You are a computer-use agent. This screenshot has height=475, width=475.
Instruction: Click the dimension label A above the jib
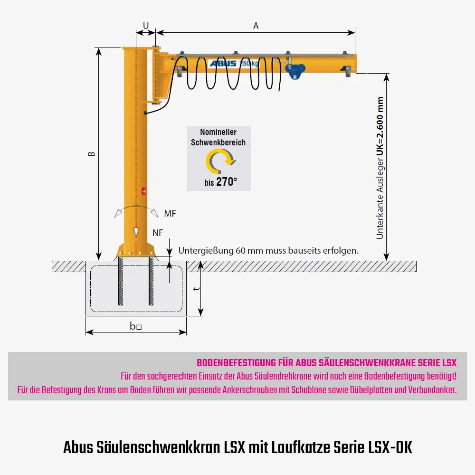(x=256, y=26)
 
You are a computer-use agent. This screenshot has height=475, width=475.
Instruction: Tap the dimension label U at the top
(x=146, y=25)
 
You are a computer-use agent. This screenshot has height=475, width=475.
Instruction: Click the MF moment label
(x=170, y=214)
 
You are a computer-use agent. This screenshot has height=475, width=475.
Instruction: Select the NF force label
(x=158, y=232)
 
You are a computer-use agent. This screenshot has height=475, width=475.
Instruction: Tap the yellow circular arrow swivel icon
(x=219, y=161)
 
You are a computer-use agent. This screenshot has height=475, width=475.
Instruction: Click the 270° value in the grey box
(x=226, y=181)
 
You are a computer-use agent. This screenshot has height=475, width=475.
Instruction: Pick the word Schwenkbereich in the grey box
(x=218, y=142)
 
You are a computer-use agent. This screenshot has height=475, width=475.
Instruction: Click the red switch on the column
(x=143, y=190)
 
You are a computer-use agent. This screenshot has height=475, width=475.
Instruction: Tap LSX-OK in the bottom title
(x=390, y=447)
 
